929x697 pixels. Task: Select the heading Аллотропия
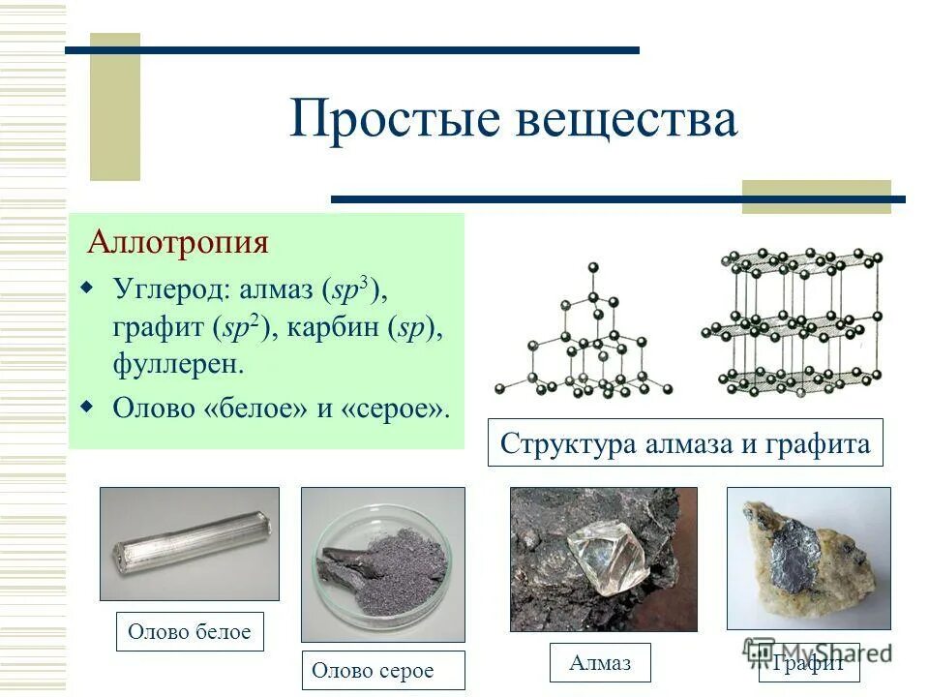point(178,241)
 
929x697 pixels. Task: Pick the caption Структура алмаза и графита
point(685,443)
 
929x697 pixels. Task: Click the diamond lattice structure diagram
point(584,339)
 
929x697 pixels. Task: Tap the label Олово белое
point(190,632)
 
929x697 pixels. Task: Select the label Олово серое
point(374,670)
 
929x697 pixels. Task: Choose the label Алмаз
point(600,662)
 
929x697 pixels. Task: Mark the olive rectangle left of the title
point(115,106)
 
